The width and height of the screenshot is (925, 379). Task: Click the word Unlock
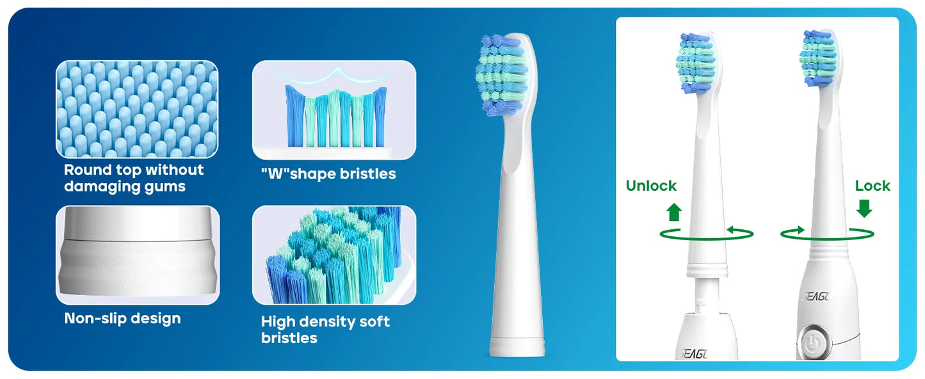point(650,186)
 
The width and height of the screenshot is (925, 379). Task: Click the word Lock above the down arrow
point(873,186)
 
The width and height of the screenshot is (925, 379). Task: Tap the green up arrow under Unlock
point(674,212)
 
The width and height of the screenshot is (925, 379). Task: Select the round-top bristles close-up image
point(137,109)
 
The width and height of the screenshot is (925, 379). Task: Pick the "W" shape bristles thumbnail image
point(334,109)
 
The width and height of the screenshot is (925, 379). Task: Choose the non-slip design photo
point(137,255)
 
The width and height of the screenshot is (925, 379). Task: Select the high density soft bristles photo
point(334,255)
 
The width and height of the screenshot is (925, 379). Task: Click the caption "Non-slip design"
point(122,318)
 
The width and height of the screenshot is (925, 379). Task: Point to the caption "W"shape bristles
point(328,173)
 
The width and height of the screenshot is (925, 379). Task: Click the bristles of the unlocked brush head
point(695,61)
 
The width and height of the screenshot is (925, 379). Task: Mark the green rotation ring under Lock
point(827,234)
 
